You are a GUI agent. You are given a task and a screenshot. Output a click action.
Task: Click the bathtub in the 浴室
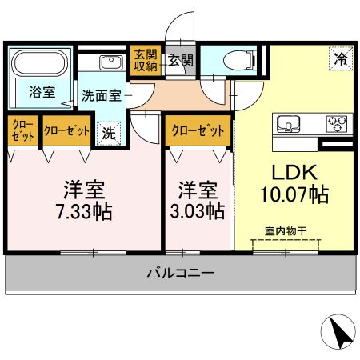(41, 63)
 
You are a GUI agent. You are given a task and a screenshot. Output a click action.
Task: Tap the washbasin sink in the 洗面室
(112, 63)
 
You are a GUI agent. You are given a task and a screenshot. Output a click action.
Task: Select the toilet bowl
(238, 60)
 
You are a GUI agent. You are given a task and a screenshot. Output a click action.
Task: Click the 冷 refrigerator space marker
(341, 58)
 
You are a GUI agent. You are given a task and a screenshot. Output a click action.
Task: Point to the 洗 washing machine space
(109, 134)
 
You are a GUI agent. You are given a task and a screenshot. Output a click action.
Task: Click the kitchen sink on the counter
(288, 123)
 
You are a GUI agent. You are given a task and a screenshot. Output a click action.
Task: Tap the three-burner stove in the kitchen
(337, 124)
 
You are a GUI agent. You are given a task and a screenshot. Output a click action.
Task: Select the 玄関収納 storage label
(146, 60)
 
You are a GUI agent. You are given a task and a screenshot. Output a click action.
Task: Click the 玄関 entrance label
(180, 60)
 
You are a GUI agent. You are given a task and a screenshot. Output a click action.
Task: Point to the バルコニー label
(181, 273)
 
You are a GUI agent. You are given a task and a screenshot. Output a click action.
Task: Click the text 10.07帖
(294, 194)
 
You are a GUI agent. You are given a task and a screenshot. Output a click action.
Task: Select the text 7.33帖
(84, 211)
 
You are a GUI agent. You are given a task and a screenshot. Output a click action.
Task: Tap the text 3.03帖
(198, 210)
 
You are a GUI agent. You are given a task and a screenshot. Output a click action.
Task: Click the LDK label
(294, 172)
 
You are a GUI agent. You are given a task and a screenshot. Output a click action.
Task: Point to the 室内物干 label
(286, 231)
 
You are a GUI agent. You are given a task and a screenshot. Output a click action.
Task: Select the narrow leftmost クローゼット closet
(23, 130)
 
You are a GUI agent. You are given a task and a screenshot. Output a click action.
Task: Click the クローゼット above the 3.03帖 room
(198, 130)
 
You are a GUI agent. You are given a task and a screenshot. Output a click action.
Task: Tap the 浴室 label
(42, 92)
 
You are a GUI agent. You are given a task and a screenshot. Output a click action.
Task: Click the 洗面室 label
(102, 95)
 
